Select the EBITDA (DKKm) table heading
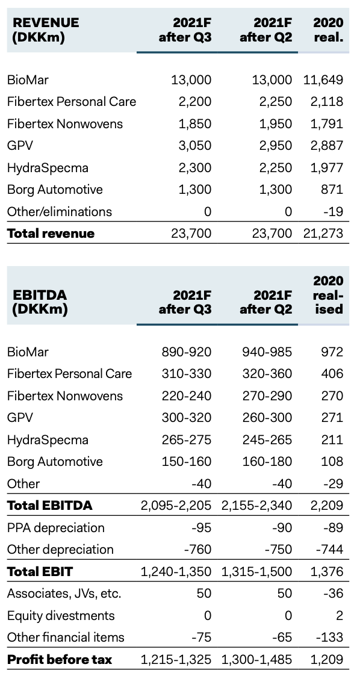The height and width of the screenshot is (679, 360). coord(40,302)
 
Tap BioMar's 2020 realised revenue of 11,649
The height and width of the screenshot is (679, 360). coord(324,79)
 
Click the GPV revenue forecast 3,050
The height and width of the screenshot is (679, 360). coord(195,146)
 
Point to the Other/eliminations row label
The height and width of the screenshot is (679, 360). coord(60,212)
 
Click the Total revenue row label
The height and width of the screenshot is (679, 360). coord(51,234)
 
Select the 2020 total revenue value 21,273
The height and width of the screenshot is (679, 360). coord(324,234)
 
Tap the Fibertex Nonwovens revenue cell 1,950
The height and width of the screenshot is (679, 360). coord(276,124)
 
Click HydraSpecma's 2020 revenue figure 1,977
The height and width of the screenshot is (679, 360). coord(327,167)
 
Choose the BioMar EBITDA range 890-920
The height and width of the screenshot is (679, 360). coord(187,352)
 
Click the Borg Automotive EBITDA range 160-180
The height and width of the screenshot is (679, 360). coord(267,461)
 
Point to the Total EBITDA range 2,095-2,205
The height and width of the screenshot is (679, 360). coord(176,506)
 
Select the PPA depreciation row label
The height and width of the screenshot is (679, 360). coord(56,528)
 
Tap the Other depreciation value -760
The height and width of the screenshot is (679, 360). coord(197,550)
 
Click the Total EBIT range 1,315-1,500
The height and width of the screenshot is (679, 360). coord(257,572)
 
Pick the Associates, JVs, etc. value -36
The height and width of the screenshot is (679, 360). coord(334,594)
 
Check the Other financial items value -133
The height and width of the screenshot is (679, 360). coord(330,637)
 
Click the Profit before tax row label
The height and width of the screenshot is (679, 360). coord(60,660)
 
